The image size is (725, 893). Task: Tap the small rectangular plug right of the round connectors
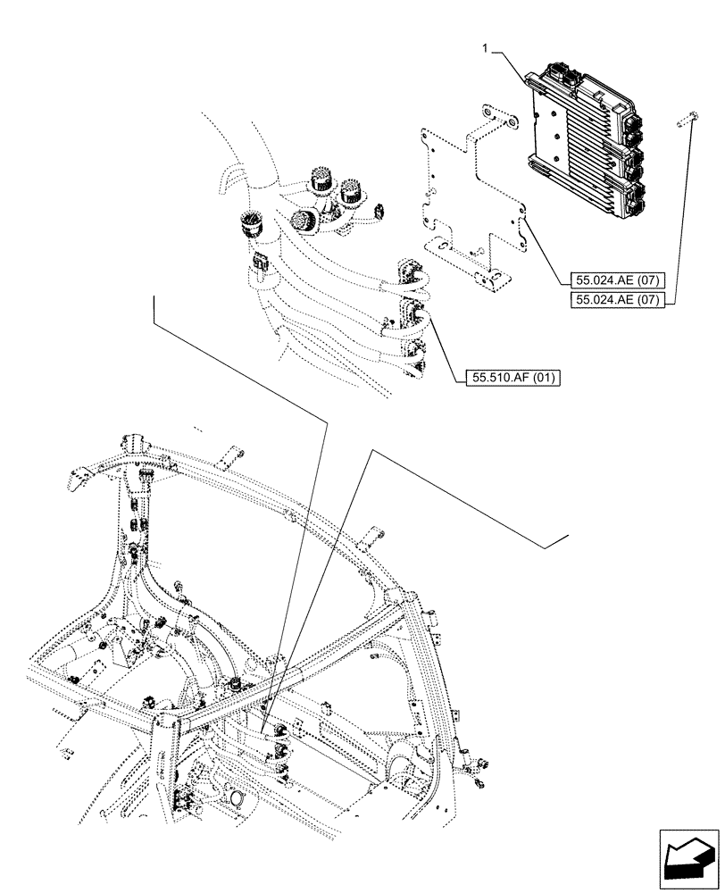tap(381, 212)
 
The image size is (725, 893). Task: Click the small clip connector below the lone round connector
tap(262, 263)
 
